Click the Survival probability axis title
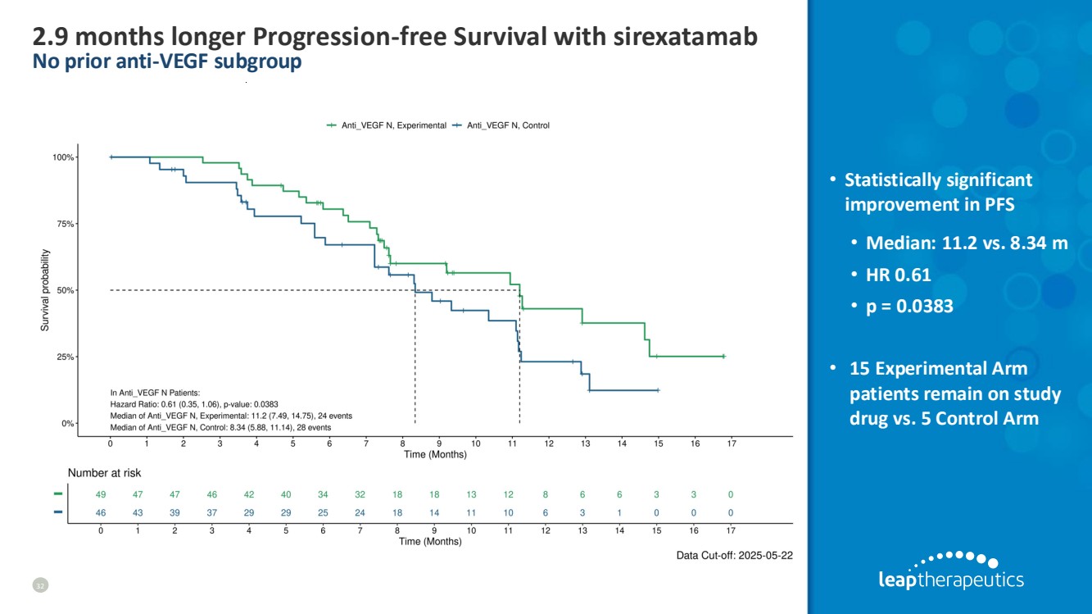47,291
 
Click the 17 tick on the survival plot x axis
731,443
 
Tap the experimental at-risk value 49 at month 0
101,494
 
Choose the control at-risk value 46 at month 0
101,512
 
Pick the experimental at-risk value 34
323,494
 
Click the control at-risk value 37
212,512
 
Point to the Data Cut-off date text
734,555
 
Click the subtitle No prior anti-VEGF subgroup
166,61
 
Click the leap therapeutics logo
950,571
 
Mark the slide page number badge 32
39,584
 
